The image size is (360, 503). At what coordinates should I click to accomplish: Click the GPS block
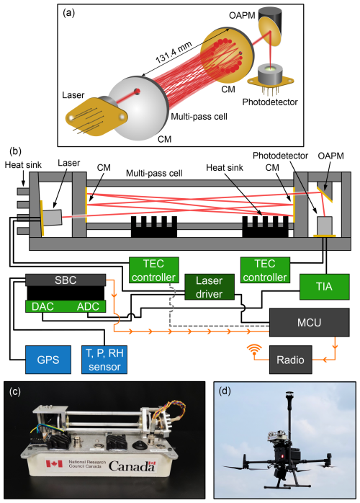click(48, 360)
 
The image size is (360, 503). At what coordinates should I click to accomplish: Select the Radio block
click(290, 360)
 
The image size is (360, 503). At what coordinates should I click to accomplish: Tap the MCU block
click(309, 322)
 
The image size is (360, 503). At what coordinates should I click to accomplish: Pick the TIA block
click(324, 287)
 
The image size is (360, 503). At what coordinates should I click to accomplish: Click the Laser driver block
click(210, 287)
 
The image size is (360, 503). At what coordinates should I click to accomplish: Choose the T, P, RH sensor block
click(104, 360)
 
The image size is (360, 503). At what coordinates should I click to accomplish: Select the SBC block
click(66, 280)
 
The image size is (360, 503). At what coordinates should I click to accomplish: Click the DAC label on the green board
click(42, 307)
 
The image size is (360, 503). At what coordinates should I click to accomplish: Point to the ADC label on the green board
click(88, 307)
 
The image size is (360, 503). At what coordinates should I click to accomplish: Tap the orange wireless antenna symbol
click(254, 350)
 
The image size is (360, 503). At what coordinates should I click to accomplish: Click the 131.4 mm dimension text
click(174, 53)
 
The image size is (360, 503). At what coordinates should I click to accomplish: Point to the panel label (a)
click(69, 13)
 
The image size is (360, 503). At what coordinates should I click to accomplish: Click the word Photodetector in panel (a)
click(270, 102)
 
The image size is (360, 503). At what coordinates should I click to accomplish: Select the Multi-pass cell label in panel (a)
click(199, 117)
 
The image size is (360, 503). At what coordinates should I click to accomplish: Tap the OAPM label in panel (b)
click(330, 156)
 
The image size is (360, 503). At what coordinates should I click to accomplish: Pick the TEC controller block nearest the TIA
click(265, 270)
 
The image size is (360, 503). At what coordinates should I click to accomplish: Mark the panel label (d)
click(225, 391)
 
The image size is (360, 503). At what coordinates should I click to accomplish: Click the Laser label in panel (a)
click(73, 95)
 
